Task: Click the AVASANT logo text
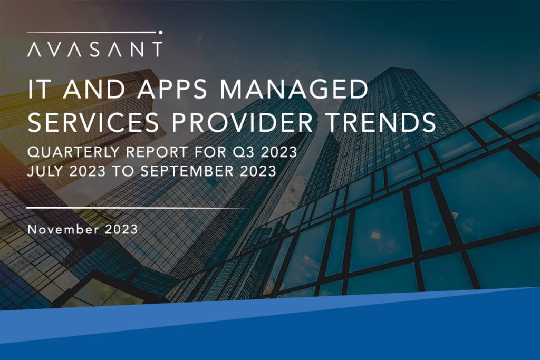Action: coord(95,50)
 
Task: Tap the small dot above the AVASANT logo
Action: coord(160,32)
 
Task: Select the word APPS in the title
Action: coord(172,89)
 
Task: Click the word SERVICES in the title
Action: coord(93,122)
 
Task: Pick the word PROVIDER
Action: coord(242,122)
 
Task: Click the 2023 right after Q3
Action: coord(278,152)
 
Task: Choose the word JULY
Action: coord(45,171)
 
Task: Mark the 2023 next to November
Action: coord(121,229)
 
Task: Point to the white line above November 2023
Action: coord(138,208)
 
